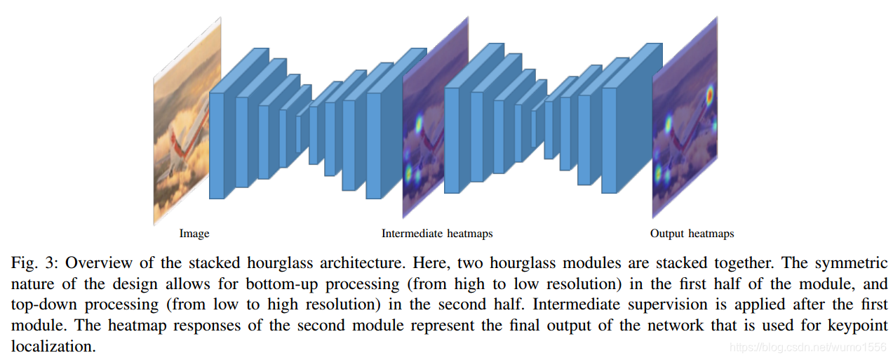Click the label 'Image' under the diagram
tap(194, 234)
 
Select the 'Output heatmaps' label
tap(692, 234)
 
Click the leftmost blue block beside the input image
tap(217, 144)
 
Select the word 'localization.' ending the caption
tap(53, 347)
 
